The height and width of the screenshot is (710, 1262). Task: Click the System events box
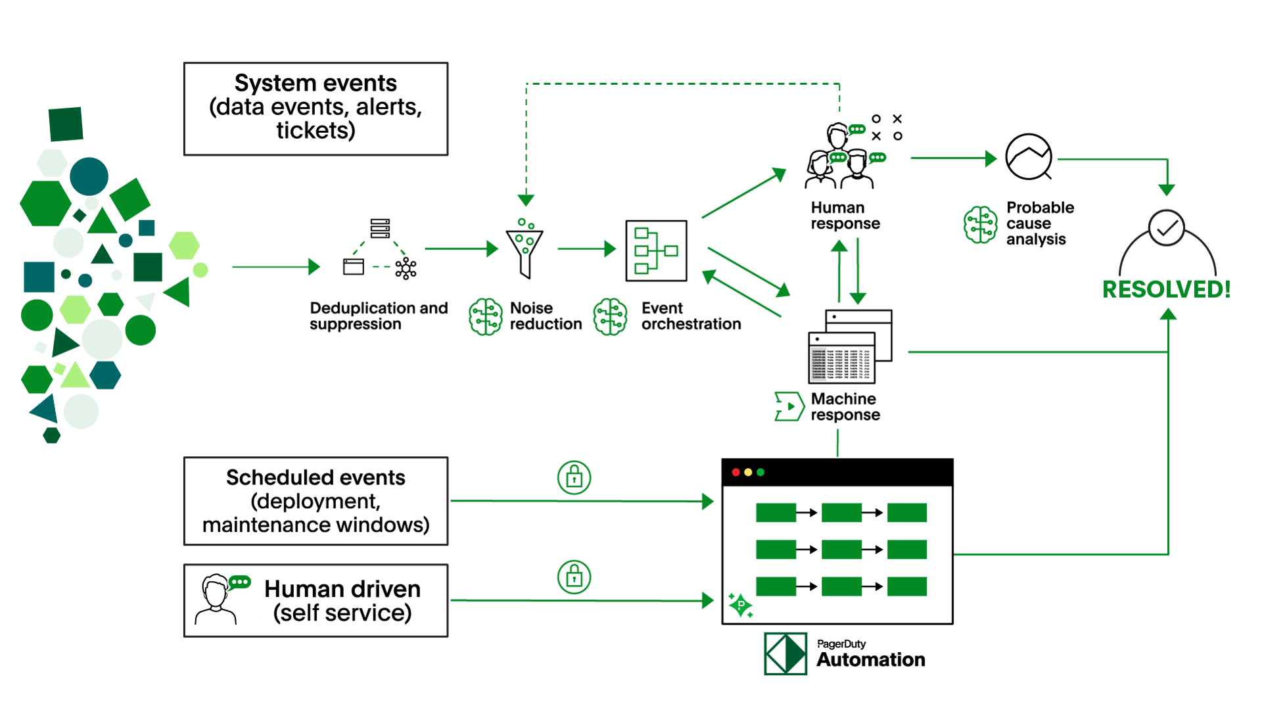point(315,108)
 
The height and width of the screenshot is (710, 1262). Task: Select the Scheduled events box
point(315,501)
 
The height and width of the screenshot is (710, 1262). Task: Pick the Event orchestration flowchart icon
point(656,250)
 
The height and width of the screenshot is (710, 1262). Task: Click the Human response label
point(845,216)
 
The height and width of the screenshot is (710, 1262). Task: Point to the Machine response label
point(845,407)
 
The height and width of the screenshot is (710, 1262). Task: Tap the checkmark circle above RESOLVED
point(1167,228)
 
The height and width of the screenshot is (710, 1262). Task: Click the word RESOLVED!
point(1167,289)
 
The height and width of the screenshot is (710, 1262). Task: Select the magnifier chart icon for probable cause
point(1029,156)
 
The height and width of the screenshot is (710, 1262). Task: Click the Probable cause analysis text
point(1039,224)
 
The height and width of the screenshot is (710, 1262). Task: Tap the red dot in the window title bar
point(736,472)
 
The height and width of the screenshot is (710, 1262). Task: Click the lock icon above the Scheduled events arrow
point(574,477)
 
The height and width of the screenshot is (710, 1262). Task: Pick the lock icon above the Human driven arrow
point(574,577)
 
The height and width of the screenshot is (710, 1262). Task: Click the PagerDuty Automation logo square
point(785,654)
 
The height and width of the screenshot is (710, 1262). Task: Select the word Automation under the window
point(871,660)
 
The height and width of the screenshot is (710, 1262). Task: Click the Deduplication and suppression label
point(378,316)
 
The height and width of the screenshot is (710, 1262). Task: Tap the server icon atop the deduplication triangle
point(380,228)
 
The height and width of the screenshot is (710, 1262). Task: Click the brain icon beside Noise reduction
point(486,316)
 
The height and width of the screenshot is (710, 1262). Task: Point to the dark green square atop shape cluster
point(66,124)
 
